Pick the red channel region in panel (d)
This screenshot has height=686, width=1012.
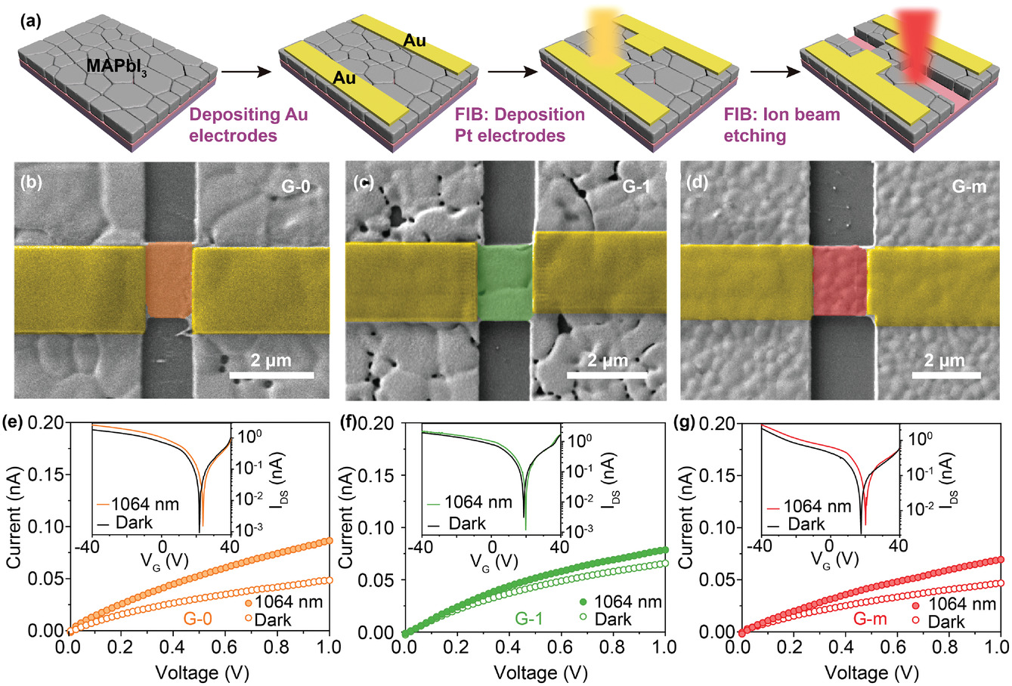point(839,280)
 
